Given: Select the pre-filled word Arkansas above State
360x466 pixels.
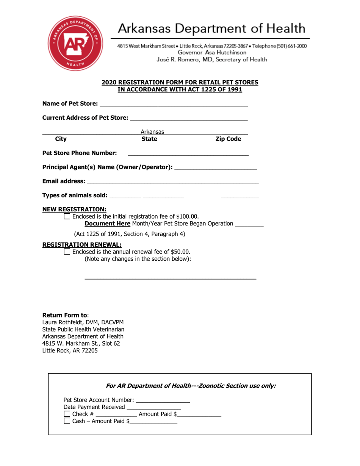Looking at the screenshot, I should click(x=152, y=132).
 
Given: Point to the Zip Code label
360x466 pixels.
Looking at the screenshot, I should click(x=228, y=139).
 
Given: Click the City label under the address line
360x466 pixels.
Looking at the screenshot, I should click(x=61, y=139).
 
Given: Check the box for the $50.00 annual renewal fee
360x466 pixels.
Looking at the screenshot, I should click(x=67, y=252).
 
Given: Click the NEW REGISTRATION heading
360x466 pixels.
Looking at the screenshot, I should click(x=74, y=209).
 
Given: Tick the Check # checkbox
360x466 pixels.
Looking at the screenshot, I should click(x=67, y=414).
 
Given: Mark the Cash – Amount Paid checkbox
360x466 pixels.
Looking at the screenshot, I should click(x=67, y=421).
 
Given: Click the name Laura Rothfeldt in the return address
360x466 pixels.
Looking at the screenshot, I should click(x=62, y=322).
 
